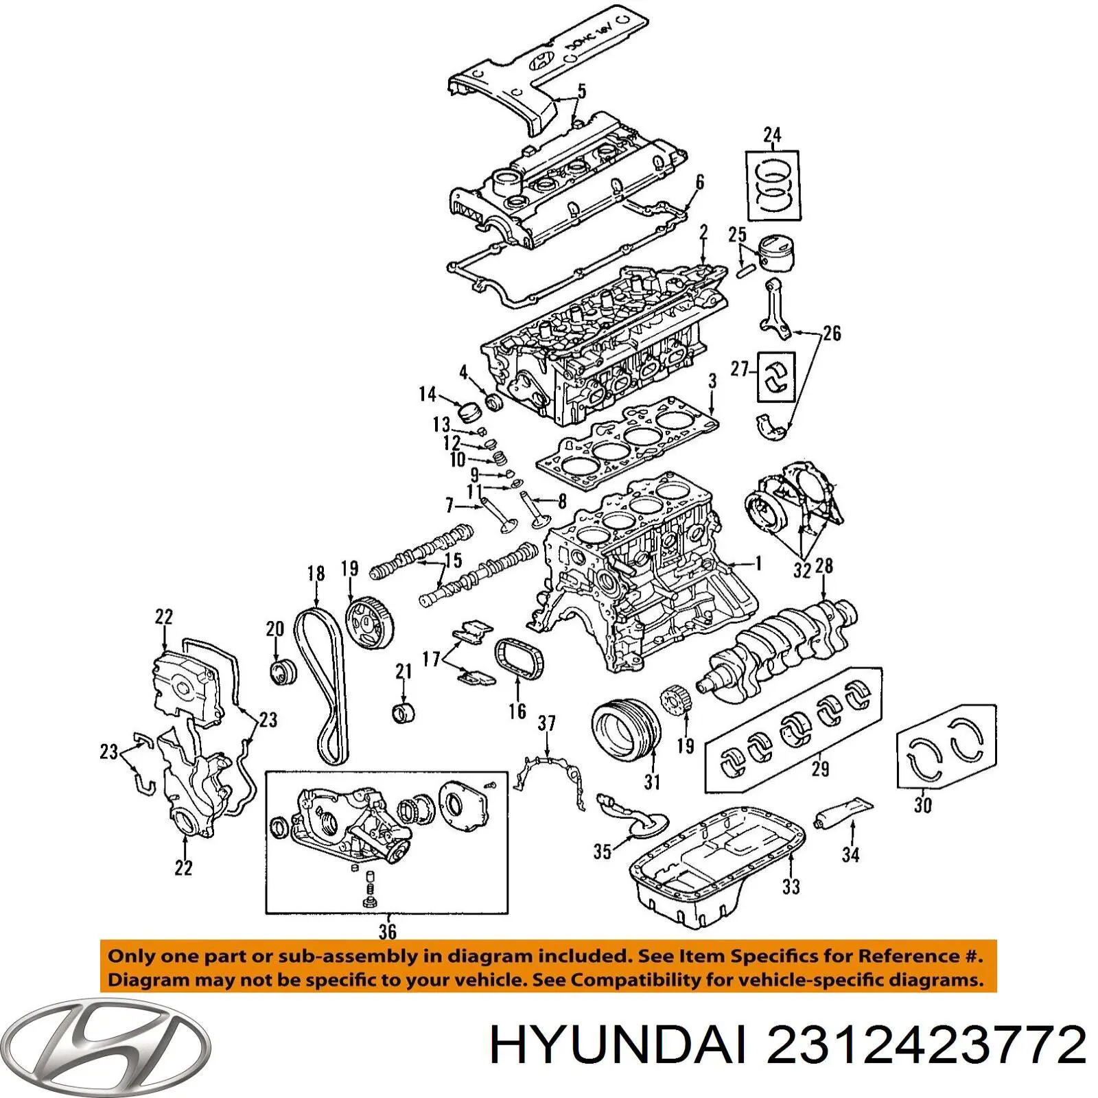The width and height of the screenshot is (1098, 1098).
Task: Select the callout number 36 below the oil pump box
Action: click(x=387, y=931)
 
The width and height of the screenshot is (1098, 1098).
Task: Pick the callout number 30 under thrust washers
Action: click(x=922, y=804)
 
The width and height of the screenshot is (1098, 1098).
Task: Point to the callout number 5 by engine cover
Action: click(x=581, y=91)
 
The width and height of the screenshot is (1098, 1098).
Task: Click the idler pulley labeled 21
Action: click(x=404, y=712)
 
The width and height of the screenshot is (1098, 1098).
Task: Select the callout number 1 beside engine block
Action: click(x=758, y=563)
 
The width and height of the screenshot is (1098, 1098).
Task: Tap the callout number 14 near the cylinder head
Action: click(x=428, y=394)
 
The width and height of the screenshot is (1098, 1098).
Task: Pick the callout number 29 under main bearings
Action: click(x=820, y=769)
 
